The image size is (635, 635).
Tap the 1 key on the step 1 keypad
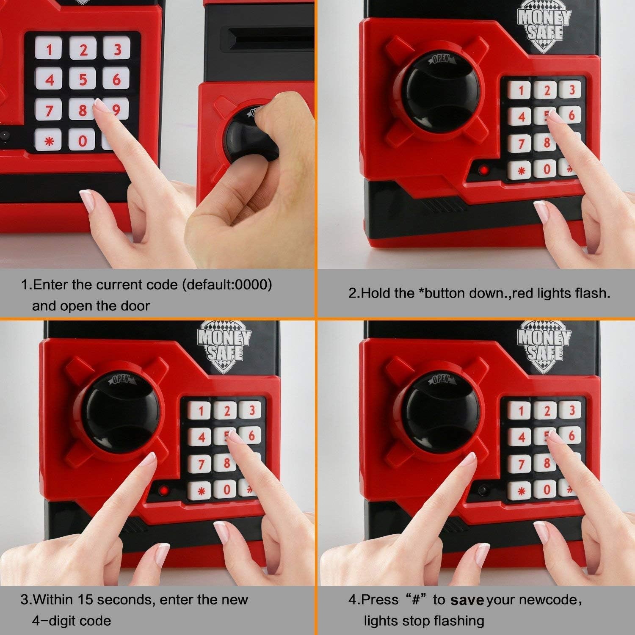(x=50, y=50)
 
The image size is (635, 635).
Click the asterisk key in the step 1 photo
(x=50, y=141)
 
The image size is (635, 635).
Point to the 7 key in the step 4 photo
(x=521, y=464)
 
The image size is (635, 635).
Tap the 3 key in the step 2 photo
(x=571, y=90)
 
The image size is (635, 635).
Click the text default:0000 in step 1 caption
(x=227, y=284)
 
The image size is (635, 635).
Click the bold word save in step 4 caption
(x=467, y=600)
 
